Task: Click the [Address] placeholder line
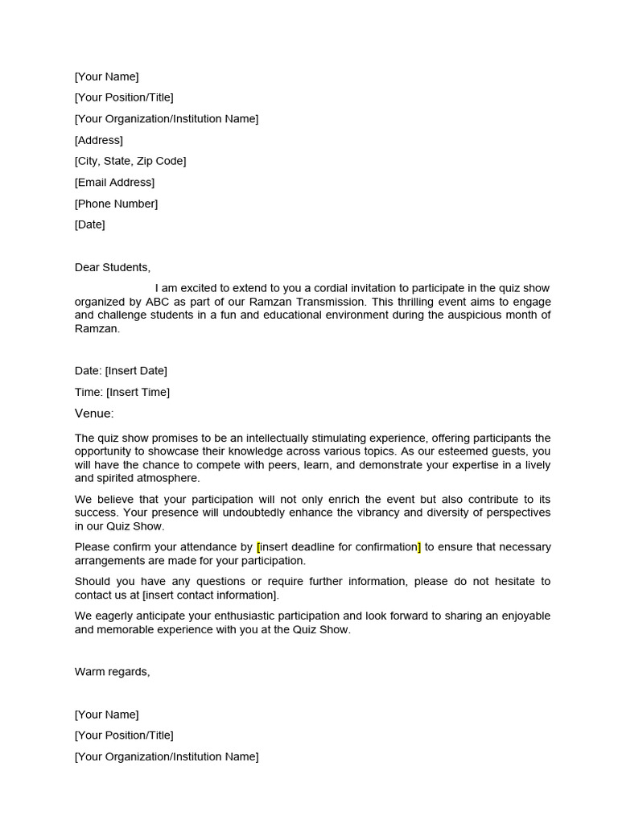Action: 99,140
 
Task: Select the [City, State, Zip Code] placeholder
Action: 130,161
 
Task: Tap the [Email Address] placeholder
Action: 114,183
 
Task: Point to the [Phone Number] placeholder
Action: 116,204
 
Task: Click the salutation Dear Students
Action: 113,267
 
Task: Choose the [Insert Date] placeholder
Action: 136,371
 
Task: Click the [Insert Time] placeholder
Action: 138,392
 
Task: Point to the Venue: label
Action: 94,414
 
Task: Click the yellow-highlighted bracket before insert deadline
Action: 258,547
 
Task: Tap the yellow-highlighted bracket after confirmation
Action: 418,547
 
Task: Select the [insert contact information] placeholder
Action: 210,595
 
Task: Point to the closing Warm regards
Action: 112,672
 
